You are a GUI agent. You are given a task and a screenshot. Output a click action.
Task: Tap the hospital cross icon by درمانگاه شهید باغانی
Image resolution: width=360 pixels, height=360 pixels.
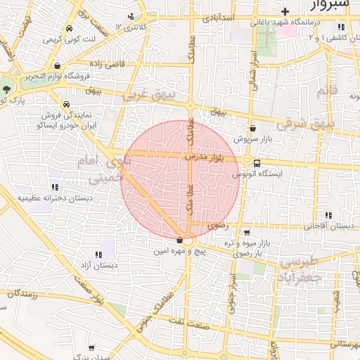click(284, 12)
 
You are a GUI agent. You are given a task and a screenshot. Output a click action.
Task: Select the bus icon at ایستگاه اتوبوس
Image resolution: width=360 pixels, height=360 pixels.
click(257, 163)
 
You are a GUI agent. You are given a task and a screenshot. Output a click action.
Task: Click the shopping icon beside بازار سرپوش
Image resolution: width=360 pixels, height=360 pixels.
click(252, 129)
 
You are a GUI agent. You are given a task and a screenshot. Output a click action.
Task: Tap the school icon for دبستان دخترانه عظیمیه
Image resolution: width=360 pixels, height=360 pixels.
click(55, 188)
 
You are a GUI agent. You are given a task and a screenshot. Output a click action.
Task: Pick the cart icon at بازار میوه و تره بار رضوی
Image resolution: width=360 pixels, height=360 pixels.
click(246, 232)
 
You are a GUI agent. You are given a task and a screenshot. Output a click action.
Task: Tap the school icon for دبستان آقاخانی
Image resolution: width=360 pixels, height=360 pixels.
click(328, 215)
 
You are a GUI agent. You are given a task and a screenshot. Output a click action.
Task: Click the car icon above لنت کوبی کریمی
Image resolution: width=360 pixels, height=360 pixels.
click(69, 29)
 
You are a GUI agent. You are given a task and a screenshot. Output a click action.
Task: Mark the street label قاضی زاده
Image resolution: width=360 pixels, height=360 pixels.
click(105, 63)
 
